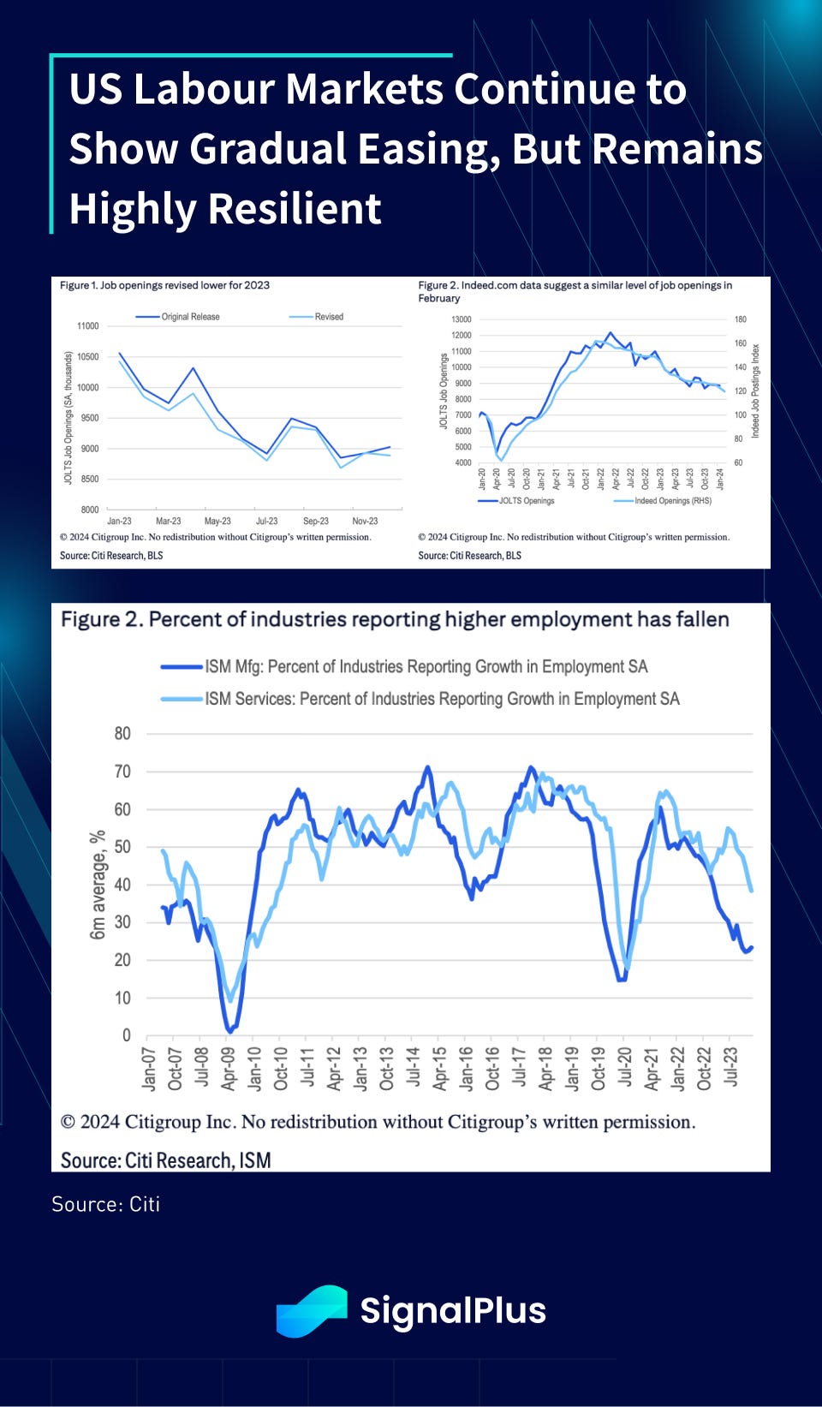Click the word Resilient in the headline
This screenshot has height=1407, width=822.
click(295, 209)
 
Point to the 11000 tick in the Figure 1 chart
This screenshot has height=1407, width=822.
click(88, 326)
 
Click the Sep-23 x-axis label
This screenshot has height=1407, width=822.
click(316, 521)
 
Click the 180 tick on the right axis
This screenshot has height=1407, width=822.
click(740, 319)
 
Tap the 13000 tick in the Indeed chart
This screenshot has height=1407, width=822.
click(462, 319)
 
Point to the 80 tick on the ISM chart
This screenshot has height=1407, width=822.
click(122, 734)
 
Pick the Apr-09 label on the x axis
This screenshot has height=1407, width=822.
click(228, 1068)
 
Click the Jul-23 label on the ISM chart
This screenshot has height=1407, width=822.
click(730, 1066)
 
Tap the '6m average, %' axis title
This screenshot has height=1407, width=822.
click(98, 884)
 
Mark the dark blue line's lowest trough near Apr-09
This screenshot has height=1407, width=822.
click(229, 1030)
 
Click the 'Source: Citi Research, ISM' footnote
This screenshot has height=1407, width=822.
click(165, 1160)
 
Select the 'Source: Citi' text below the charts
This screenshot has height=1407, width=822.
click(105, 1204)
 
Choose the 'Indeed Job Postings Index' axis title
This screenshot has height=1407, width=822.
click(755, 391)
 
